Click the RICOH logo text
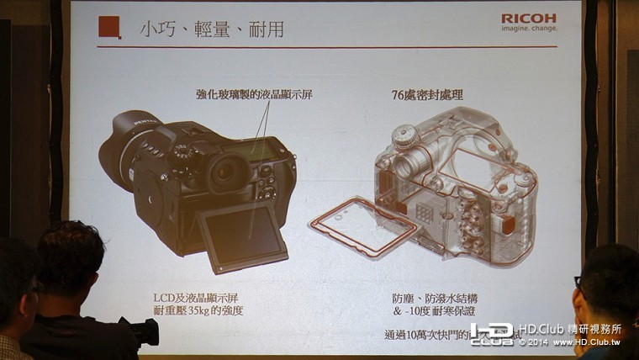(528, 18)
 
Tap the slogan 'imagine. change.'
(528, 29)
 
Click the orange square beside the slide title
(109, 27)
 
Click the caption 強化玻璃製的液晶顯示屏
(247, 95)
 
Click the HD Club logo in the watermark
(492, 334)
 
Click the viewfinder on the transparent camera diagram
(409, 164)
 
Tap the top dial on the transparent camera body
(406, 135)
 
